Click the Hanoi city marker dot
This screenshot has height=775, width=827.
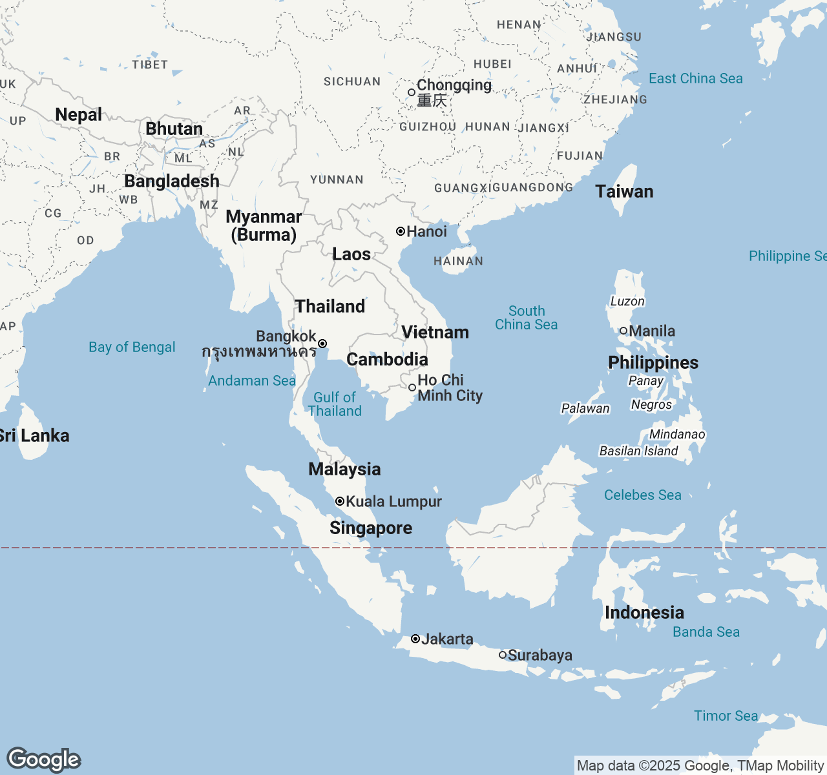(x=401, y=231)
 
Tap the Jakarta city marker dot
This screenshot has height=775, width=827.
(x=415, y=639)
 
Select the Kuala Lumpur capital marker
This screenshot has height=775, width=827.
(x=340, y=501)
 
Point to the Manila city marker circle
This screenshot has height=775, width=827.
(x=623, y=331)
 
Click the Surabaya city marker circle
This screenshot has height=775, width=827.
(x=503, y=655)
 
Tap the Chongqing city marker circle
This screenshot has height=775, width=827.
(x=412, y=92)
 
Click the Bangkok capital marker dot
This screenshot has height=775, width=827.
(x=322, y=344)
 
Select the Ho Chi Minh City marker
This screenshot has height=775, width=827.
(x=412, y=387)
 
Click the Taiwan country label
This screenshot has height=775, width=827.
(x=624, y=191)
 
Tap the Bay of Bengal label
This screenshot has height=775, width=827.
(x=132, y=347)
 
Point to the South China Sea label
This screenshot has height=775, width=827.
(x=527, y=318)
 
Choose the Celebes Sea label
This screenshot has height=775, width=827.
(x=642, y=495)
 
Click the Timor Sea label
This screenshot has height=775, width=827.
(x=726, y=716)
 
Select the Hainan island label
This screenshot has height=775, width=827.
(x=458, y=261)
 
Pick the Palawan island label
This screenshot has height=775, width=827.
(x=585, y=408)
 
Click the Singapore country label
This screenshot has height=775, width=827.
(x=371, y=528)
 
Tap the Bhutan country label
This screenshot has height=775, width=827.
(x=174, y=129)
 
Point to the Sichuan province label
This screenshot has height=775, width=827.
(x=352, y=82)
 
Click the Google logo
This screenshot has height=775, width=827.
(x=43, y=759)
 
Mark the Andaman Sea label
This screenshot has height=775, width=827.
(x=251, y=381)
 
